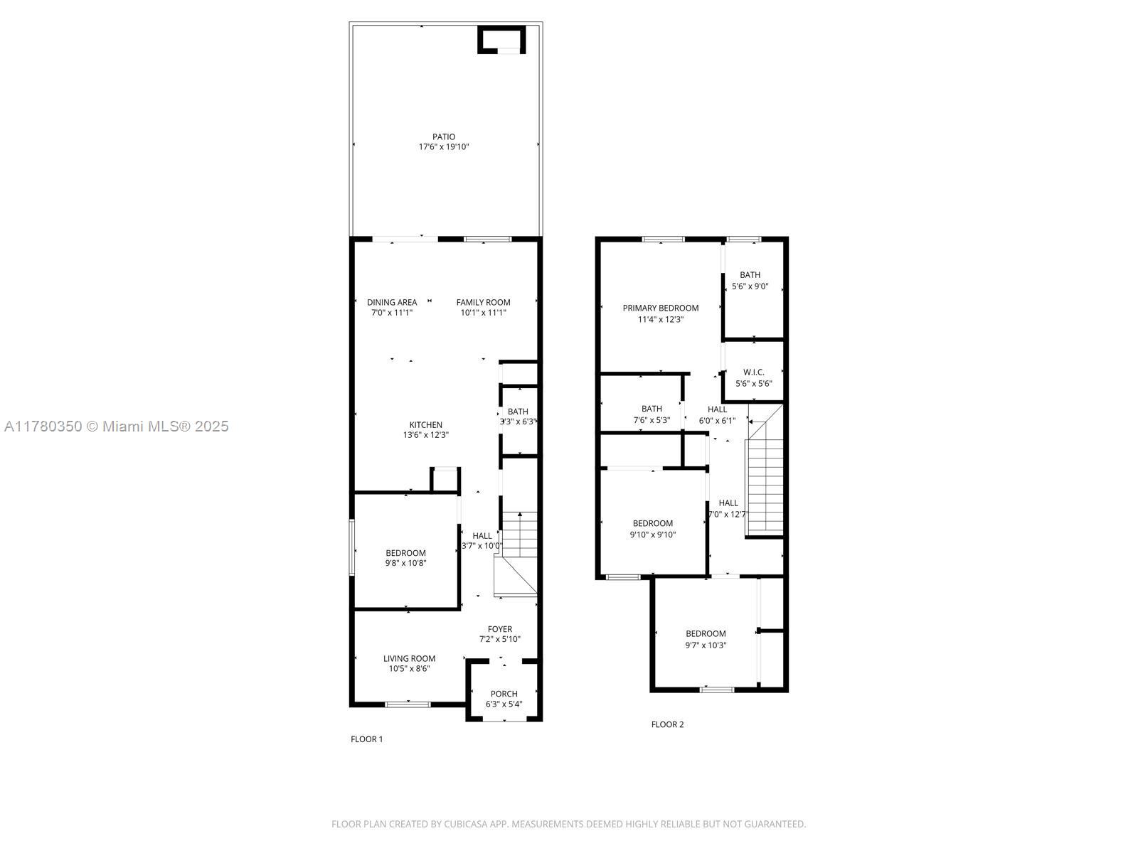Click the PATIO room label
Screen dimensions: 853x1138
pyautogui.click(x=443, y=136)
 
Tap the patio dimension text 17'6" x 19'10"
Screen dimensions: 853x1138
pyautogui.click(x=443, y=147)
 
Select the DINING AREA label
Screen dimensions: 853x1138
pyautogui.click(x=392, y=302)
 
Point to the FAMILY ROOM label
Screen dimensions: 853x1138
pyautogui.click(x=483, y=302)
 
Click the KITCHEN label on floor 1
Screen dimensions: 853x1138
pyautogui.click(x=425, y=425)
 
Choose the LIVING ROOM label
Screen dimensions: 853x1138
pyautogui.click(x=409, y=658)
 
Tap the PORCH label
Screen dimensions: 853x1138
pyautogui.click(x=504, y=694)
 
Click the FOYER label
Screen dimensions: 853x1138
pyautogui.click(x=499, y=629)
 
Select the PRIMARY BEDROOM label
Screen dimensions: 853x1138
pyautogui.click(x=660, y=308)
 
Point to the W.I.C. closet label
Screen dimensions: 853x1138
pyautogui.click(x=753, y=372)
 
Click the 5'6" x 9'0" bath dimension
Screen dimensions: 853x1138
pyautogui.click(x=750, y=286)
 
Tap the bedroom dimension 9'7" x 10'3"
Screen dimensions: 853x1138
pyautogui.click(x=706, y=645)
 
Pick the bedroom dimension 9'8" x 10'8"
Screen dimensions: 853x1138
pyautogui.click(x=405, y=563)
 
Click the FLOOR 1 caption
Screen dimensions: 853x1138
pyautogui.click(x=366, y=739)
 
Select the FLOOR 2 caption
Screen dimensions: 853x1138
pyautogui.click(x=667, y=724)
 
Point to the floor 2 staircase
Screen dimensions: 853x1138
pyautogui.click(x=764, y=483)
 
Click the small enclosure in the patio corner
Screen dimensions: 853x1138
pyautogui.click(x=501, y=40)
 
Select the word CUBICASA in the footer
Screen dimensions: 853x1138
pyautogui.click(x=467, y=825)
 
